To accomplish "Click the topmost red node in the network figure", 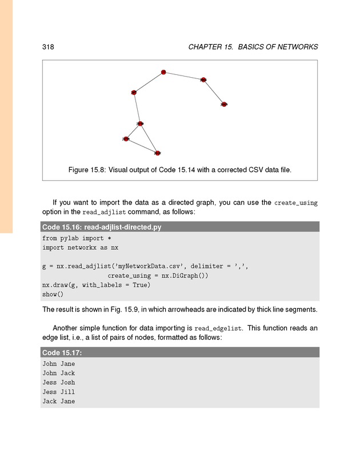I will pyautogui.click(x=163, y=72).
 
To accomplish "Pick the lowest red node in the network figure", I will pyautogui.click(x=157, y=153).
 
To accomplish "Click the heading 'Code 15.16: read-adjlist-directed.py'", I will pyautogui.click(x=102, y=227).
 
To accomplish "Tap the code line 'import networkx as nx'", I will pyautogui.click(x=80, y=248).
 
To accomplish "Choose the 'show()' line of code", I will pyautogui.click(x=53, y=294).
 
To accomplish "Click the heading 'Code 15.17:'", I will pyautogui.click(x=62, y=352).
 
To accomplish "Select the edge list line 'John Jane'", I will pyautogui.click(x=58, y=364).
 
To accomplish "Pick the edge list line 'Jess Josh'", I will pyautogui.click(x=58, y=383).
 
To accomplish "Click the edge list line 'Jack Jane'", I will pyautogui.click(x=58, y=401).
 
